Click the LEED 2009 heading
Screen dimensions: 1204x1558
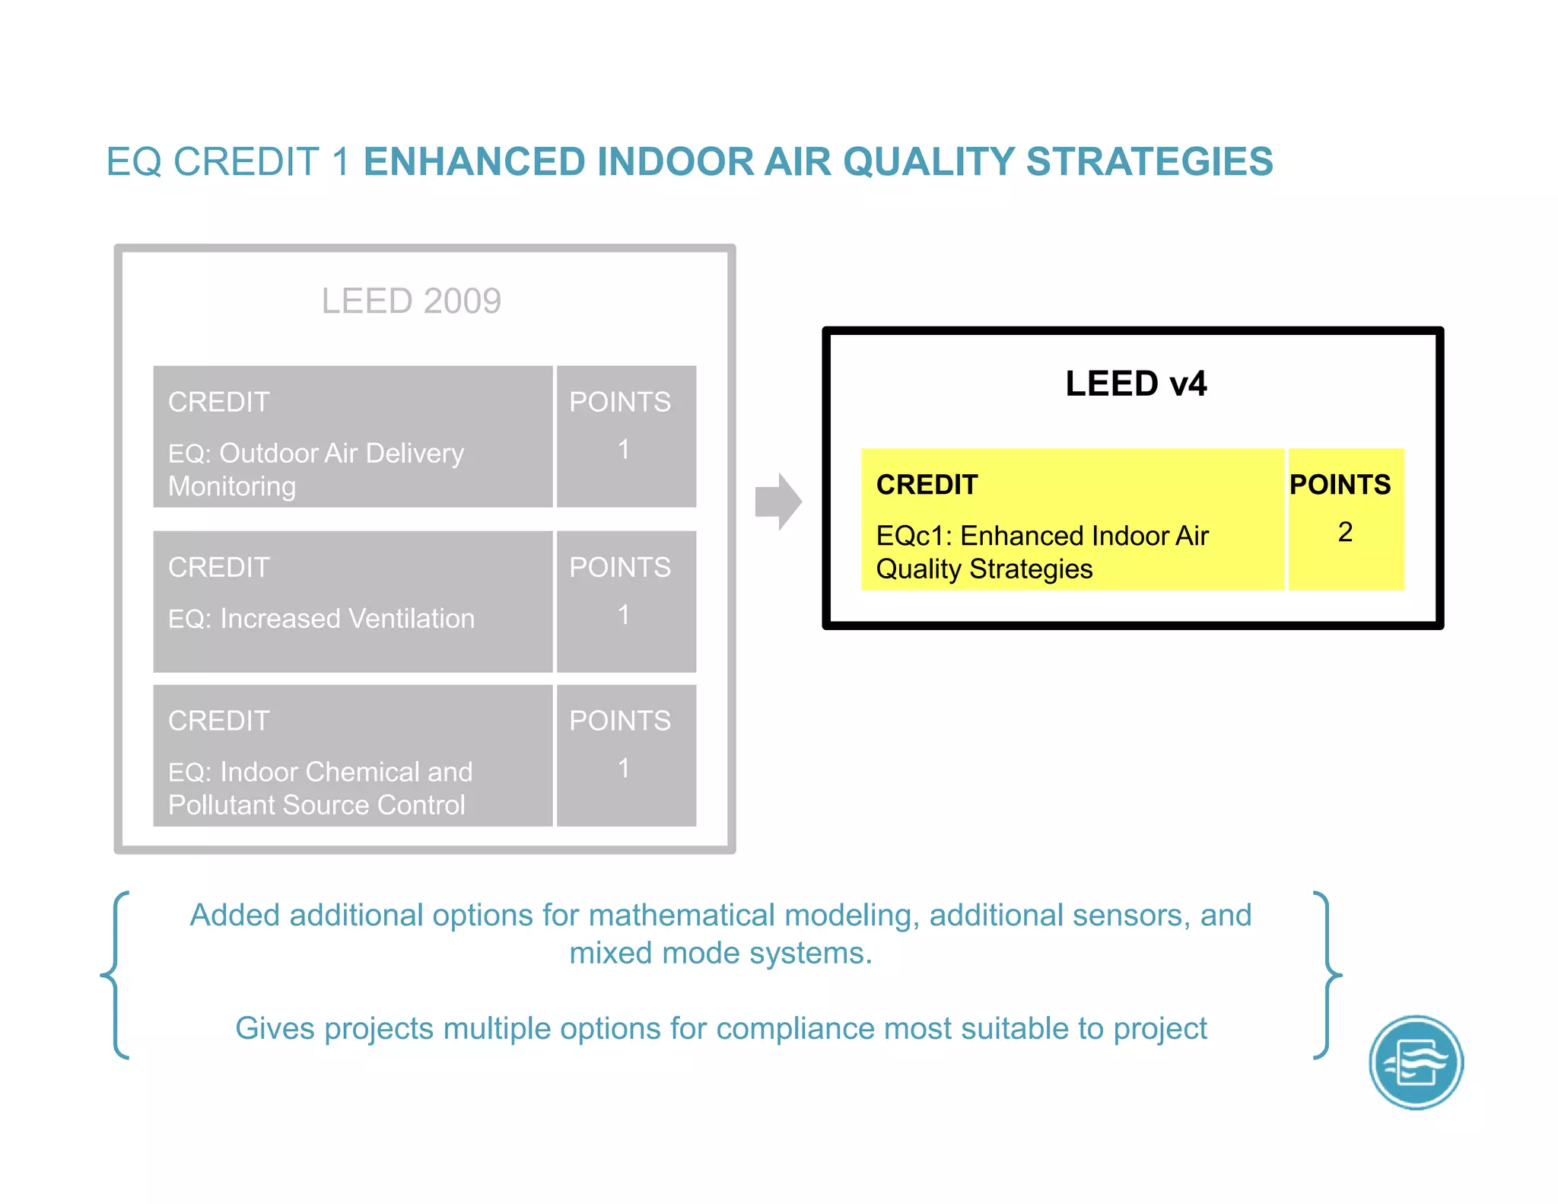point(411,301)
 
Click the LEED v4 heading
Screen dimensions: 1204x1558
point(1135,384)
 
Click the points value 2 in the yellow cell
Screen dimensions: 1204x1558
point(1345,532)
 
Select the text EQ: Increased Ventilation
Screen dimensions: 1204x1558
point(321,619)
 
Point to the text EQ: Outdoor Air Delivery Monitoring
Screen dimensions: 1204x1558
point(316,470)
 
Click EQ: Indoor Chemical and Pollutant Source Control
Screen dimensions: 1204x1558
point(320,788)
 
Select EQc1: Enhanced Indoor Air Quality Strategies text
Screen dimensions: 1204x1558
point(1041,553)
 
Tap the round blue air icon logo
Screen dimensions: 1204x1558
point(1416,1062)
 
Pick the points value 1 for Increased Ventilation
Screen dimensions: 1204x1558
point(624,615)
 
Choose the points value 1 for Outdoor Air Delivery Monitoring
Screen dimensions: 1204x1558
point(624,450)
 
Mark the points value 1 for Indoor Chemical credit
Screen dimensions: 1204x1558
point(624,769)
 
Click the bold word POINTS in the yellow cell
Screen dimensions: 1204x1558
point(1340,485)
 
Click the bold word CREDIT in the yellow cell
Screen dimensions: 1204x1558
point(927,485)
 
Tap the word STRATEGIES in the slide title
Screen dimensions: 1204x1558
point(1149,162)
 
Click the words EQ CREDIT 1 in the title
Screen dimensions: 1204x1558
point(227,162)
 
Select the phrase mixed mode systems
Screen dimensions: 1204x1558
point(720,954)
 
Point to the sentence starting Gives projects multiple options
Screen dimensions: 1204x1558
point(720,1029)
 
